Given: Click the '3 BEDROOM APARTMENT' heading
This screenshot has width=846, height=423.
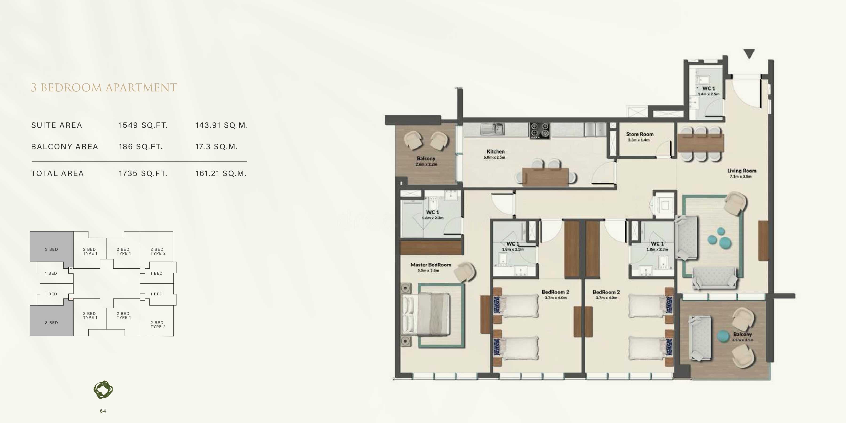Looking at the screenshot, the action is coord(104,88).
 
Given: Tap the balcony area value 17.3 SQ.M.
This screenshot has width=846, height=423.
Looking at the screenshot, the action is coord(216,147).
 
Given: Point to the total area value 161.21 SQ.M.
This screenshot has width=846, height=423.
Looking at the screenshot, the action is coord(221,174).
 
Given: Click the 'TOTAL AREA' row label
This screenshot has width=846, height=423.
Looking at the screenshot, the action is coord(58,174).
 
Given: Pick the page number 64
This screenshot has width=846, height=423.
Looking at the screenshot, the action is coord(103,411).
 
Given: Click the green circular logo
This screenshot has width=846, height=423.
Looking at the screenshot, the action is coord(103,390).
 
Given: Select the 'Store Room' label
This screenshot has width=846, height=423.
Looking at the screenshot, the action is coord(640,134).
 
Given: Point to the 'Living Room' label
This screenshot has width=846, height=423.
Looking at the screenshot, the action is coord(742,170).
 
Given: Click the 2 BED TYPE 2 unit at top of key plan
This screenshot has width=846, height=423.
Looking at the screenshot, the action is coord(158,251).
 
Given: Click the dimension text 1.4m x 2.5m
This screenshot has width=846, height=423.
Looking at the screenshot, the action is coord(708,94).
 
